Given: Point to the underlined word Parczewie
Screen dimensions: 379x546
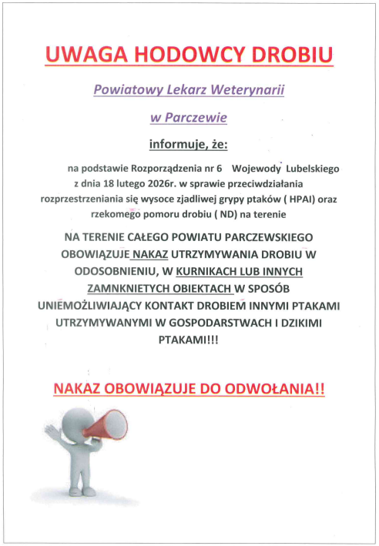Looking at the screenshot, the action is (x=199, y=119).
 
